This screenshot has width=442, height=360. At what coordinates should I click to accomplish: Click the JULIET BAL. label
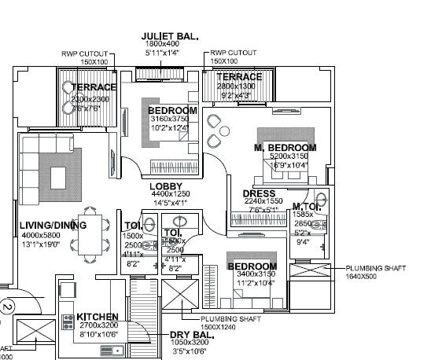click(169, 36)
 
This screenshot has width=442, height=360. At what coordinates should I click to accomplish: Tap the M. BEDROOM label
click(285, 148)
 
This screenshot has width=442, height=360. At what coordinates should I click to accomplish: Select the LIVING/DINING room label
click(53, 226)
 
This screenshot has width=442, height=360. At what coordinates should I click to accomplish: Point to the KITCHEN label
click(98, 317)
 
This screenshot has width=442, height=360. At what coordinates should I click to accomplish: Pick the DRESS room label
click(259, 193)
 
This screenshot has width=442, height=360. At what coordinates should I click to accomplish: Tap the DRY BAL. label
click(191, 335)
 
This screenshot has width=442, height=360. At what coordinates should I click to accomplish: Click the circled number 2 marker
click(7, 307)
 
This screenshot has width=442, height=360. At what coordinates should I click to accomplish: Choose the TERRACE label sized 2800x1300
click(239, 77)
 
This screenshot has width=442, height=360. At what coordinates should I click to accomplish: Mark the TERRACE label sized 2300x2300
click(94, 87)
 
